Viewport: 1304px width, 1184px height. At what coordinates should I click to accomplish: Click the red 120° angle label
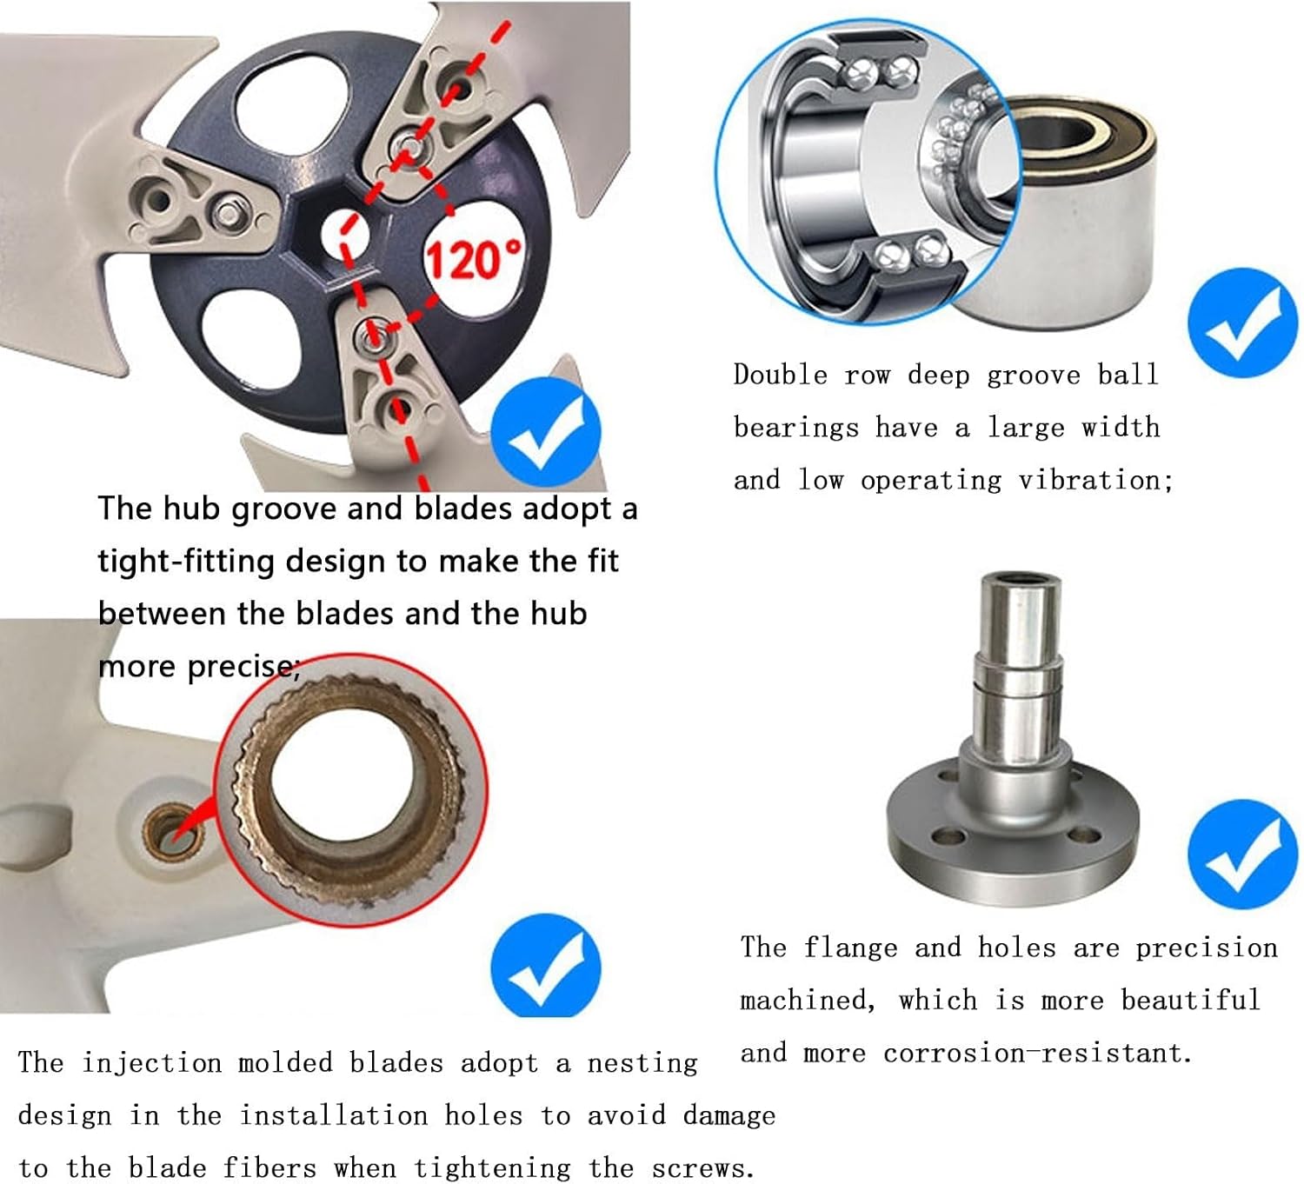tap(474, 259)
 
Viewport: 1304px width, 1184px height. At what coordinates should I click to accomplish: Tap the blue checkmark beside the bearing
tap(1241, 323)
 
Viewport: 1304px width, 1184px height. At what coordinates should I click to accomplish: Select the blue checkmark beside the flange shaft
tap(1241, 854)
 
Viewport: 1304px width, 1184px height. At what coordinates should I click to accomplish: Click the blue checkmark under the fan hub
tap(546, 432)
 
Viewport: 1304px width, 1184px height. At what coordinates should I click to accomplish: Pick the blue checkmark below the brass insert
tap(546, 968)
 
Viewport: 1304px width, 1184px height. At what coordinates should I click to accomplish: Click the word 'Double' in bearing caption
tap(780, 375)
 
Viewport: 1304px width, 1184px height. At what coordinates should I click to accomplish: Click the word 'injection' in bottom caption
tap(151, 1062)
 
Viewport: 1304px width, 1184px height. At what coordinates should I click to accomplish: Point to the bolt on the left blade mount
tap(230, 212)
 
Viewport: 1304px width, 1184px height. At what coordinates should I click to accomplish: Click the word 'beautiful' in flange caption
tap(1190, 1000)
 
